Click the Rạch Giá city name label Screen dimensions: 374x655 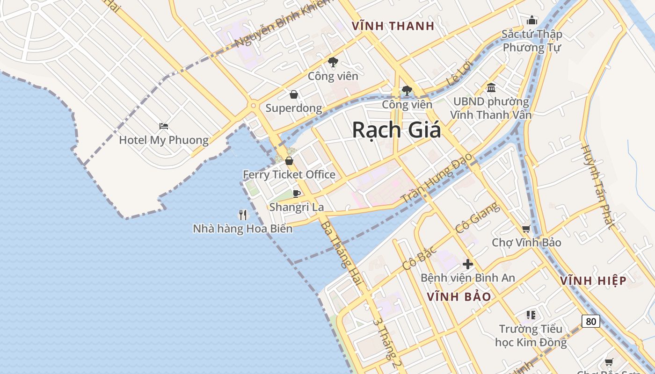[x=396, y=129]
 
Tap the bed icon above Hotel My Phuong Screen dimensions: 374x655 [x=163, y=126]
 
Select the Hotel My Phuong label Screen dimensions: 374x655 [x=164, y=140]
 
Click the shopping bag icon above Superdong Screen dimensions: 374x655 [x=293, y=95]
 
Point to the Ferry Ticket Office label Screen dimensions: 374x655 [x=289, y=174]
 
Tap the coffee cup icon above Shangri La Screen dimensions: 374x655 [x=296, y=194]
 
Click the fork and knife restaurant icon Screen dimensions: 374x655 [x=243, y=215]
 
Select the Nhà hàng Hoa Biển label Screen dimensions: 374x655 [x=243, y=229]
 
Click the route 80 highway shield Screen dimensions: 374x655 [x=591, y=321]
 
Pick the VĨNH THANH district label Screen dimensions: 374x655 [x=393, y=26]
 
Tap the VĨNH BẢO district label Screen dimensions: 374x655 [x=459, y=296]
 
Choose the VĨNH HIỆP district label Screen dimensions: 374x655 [x=593, y=280]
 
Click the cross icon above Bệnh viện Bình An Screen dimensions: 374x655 [x=467, y=264]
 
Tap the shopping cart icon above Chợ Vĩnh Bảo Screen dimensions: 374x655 [x=526, y=229]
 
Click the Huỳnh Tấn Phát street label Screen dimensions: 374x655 [x=597, y=185]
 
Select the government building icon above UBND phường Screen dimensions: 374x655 [x=491, y=87]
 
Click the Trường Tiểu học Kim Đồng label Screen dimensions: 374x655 [x=531, y=335]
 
